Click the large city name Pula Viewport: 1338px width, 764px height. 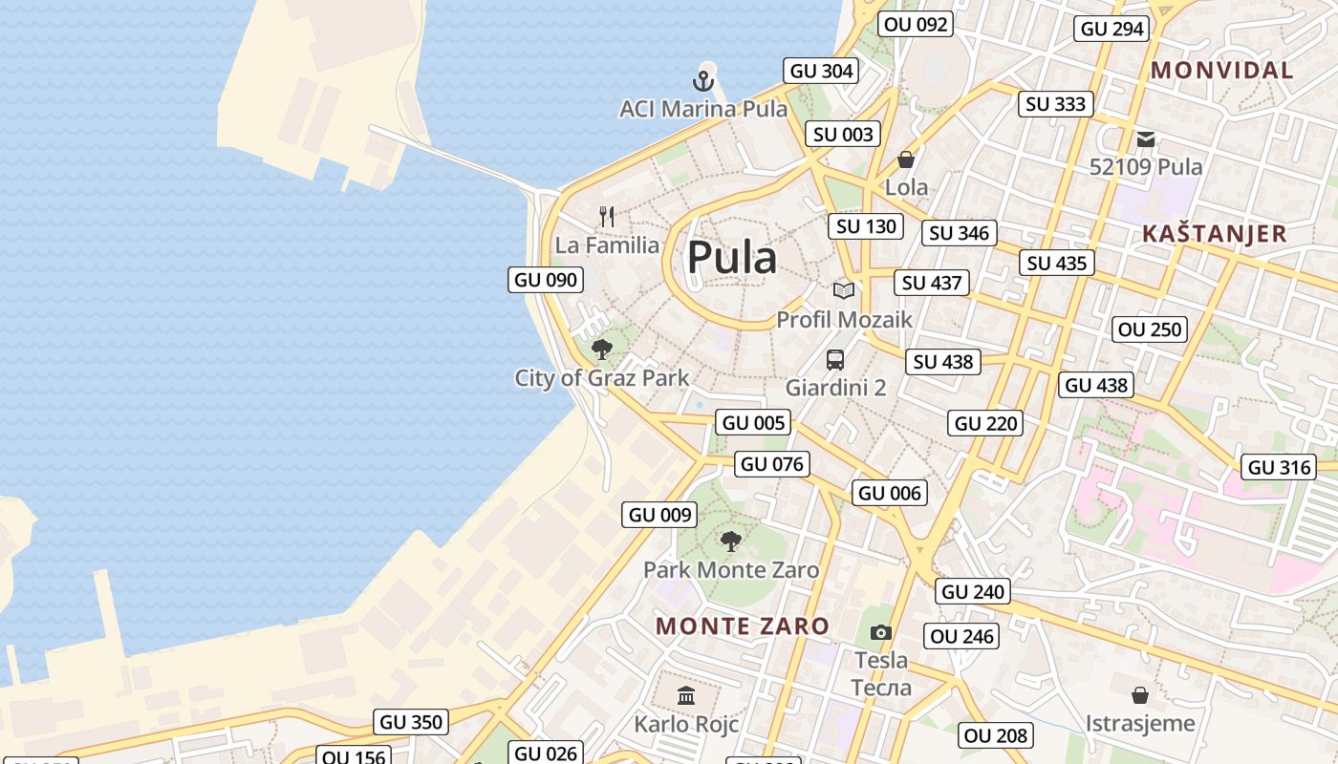coord(732,258)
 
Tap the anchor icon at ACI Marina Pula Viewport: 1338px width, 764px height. coord(703,81)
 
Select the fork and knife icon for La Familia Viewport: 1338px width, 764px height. coord(607,217)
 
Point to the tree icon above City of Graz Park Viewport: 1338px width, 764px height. coord(601,350)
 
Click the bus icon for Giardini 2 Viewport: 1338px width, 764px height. coord(835,360)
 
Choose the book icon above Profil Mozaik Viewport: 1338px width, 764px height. coord(843,290)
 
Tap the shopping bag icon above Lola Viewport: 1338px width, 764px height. coord(906,159)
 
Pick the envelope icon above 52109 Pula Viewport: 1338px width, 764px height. coord(1146,139)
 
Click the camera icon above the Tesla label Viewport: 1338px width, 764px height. coord(881,632)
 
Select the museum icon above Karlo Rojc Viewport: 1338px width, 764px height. coord(686,695)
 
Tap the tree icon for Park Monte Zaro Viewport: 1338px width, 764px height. coord(731,541)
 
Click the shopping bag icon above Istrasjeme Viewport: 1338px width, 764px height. coord(1140,694)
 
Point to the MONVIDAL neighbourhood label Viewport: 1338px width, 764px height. coord(1221,70)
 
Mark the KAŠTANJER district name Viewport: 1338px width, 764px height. coord(1215,234)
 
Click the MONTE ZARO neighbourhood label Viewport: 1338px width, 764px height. coord(743,626)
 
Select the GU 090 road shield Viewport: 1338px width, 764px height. coord(546,280)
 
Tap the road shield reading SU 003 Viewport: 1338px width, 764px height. coord(843,135)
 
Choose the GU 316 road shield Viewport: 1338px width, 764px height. coord(1280,467)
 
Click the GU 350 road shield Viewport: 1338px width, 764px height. coord(411,722)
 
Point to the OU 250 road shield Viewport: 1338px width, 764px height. coord(1151,329)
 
